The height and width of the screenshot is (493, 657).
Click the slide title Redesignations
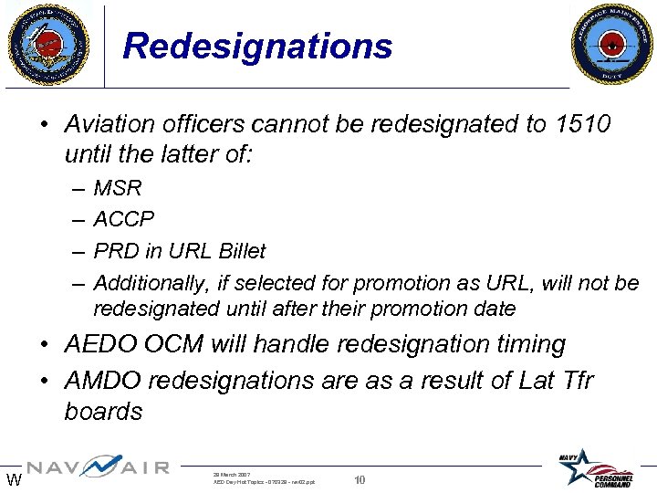point(257,46)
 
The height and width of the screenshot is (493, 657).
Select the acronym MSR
point(118,189)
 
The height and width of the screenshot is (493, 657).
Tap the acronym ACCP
point(124,220)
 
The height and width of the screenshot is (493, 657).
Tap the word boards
point(103,412)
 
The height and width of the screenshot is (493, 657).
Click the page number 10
point(360,480)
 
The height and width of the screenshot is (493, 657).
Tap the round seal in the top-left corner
point(47,43)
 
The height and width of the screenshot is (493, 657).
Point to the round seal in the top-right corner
point(612,43)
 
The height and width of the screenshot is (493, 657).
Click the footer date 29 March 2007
point(232,474)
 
